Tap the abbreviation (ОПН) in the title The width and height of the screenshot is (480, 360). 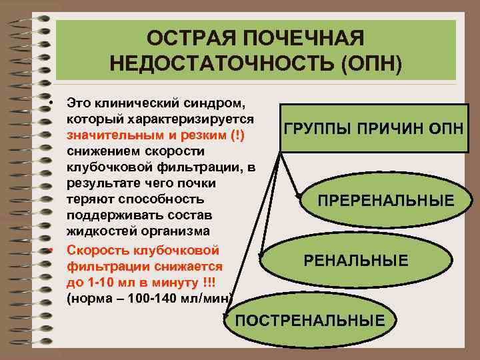[371, 65]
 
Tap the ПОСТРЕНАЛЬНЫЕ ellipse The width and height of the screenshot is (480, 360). [310, 321]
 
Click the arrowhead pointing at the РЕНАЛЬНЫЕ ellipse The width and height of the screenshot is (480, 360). [262, 256]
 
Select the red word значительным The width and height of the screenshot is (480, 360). [106, 135]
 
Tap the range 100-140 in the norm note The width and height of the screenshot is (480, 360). [155, 299]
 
